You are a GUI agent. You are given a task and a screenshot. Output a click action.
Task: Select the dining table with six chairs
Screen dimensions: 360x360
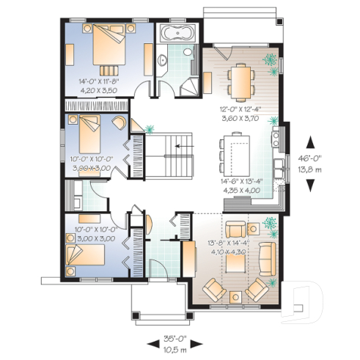[x=240, y=75]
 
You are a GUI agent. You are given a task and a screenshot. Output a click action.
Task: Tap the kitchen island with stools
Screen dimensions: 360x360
[x=235, y=147]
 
